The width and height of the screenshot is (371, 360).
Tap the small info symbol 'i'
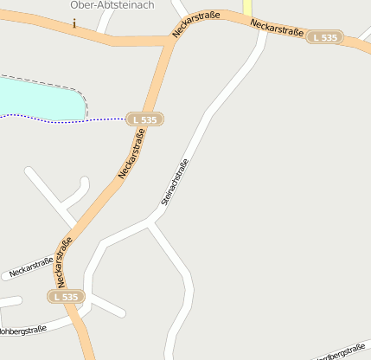click(x=74, y=24)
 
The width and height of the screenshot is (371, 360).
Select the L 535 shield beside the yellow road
click(x=326, y=37)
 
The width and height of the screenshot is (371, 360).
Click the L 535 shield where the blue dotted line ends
click(x=145, y=119)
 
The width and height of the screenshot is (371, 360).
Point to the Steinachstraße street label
click(x=174, y=181)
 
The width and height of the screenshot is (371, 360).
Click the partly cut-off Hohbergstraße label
click(x=22, y=330)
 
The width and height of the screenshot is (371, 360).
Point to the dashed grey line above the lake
click(x=52, y=82)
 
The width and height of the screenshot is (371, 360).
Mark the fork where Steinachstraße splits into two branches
click(x=152, y=224)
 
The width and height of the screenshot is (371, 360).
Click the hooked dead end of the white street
click(x=84, y=181)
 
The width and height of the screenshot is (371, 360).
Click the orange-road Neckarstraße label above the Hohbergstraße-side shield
click(x=63, y=260)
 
